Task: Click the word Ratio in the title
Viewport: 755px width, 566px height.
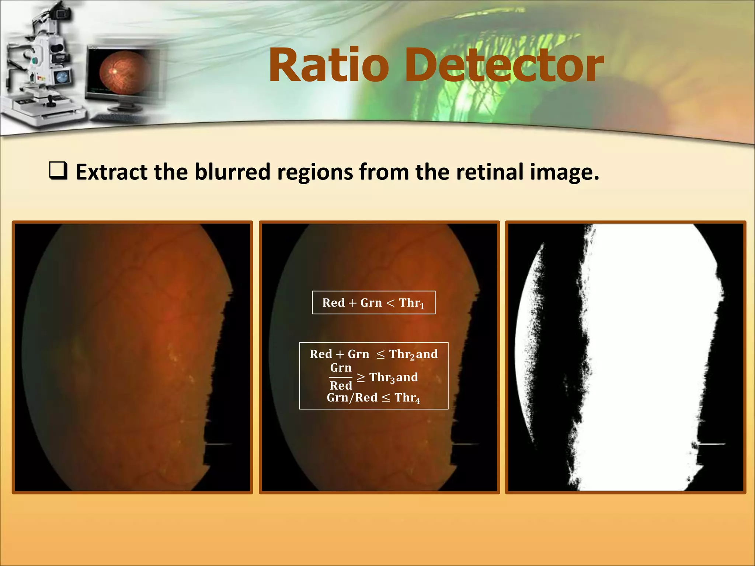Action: point(328,66)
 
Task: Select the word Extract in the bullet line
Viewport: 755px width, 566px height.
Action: point(111,172)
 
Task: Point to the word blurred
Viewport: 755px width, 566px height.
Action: point(232,172)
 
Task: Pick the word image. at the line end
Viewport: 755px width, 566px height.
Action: point(564,172)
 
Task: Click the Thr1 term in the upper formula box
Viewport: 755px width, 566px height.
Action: point(411,303)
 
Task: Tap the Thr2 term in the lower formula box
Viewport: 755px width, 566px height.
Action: point(402,354)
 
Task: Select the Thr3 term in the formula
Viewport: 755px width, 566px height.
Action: point(382,378)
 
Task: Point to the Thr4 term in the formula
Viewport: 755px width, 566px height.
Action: point(407,398)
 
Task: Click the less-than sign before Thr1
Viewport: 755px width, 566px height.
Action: point(390,303)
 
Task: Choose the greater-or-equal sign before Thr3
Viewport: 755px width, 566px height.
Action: point(361,377)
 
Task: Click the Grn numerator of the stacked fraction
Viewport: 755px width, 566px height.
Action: point(341,368)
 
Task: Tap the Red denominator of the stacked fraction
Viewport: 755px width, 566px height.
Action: point(341,386)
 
